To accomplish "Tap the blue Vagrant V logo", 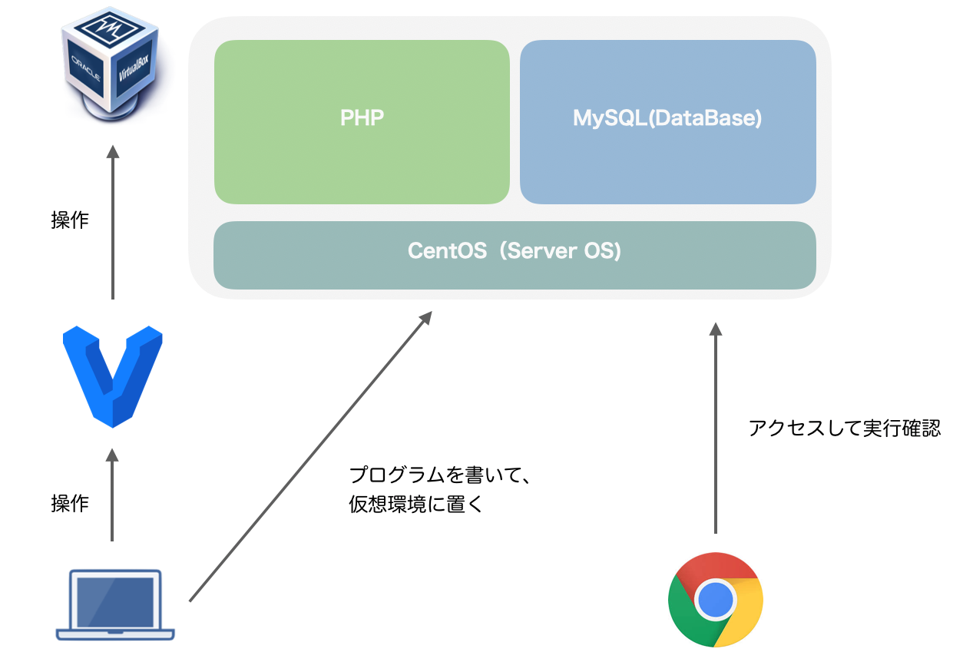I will click(x=113, y=375).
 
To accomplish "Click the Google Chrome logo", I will click(x=715, y=599).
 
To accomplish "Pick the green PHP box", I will click(x=362, y=121).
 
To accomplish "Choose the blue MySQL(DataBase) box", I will click(x=667, y=121).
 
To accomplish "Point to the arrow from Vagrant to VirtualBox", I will click(x=113, y=223).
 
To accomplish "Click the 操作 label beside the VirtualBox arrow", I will click(x=70, y=220).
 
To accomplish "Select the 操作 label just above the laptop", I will click(x=70, y=504).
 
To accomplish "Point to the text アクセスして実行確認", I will click(x=844, y=428).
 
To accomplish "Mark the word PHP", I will click(x=362, y=119).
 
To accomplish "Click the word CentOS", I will click(x=448, y=251).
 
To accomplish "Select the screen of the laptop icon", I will click(x=115, y=599).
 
